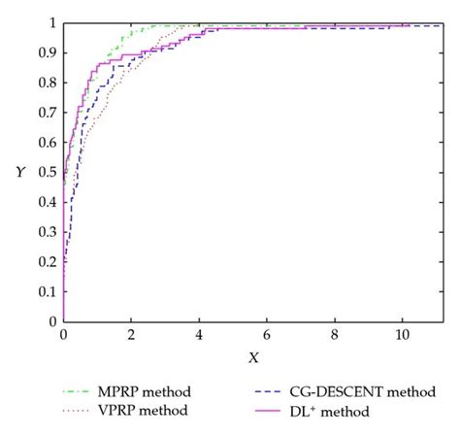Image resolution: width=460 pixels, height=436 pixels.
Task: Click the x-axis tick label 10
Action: [x=402, y=335]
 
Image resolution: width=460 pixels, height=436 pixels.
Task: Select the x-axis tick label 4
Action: [x=199, y=335]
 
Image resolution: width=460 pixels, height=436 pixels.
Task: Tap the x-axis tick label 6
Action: [x=267, y=335]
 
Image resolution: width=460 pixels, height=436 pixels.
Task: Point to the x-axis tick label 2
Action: [x=131, y=335]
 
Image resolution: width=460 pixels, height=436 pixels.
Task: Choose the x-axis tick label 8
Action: [x=335, y=335]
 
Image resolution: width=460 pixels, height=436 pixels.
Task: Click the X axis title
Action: [x=253, y=358]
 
